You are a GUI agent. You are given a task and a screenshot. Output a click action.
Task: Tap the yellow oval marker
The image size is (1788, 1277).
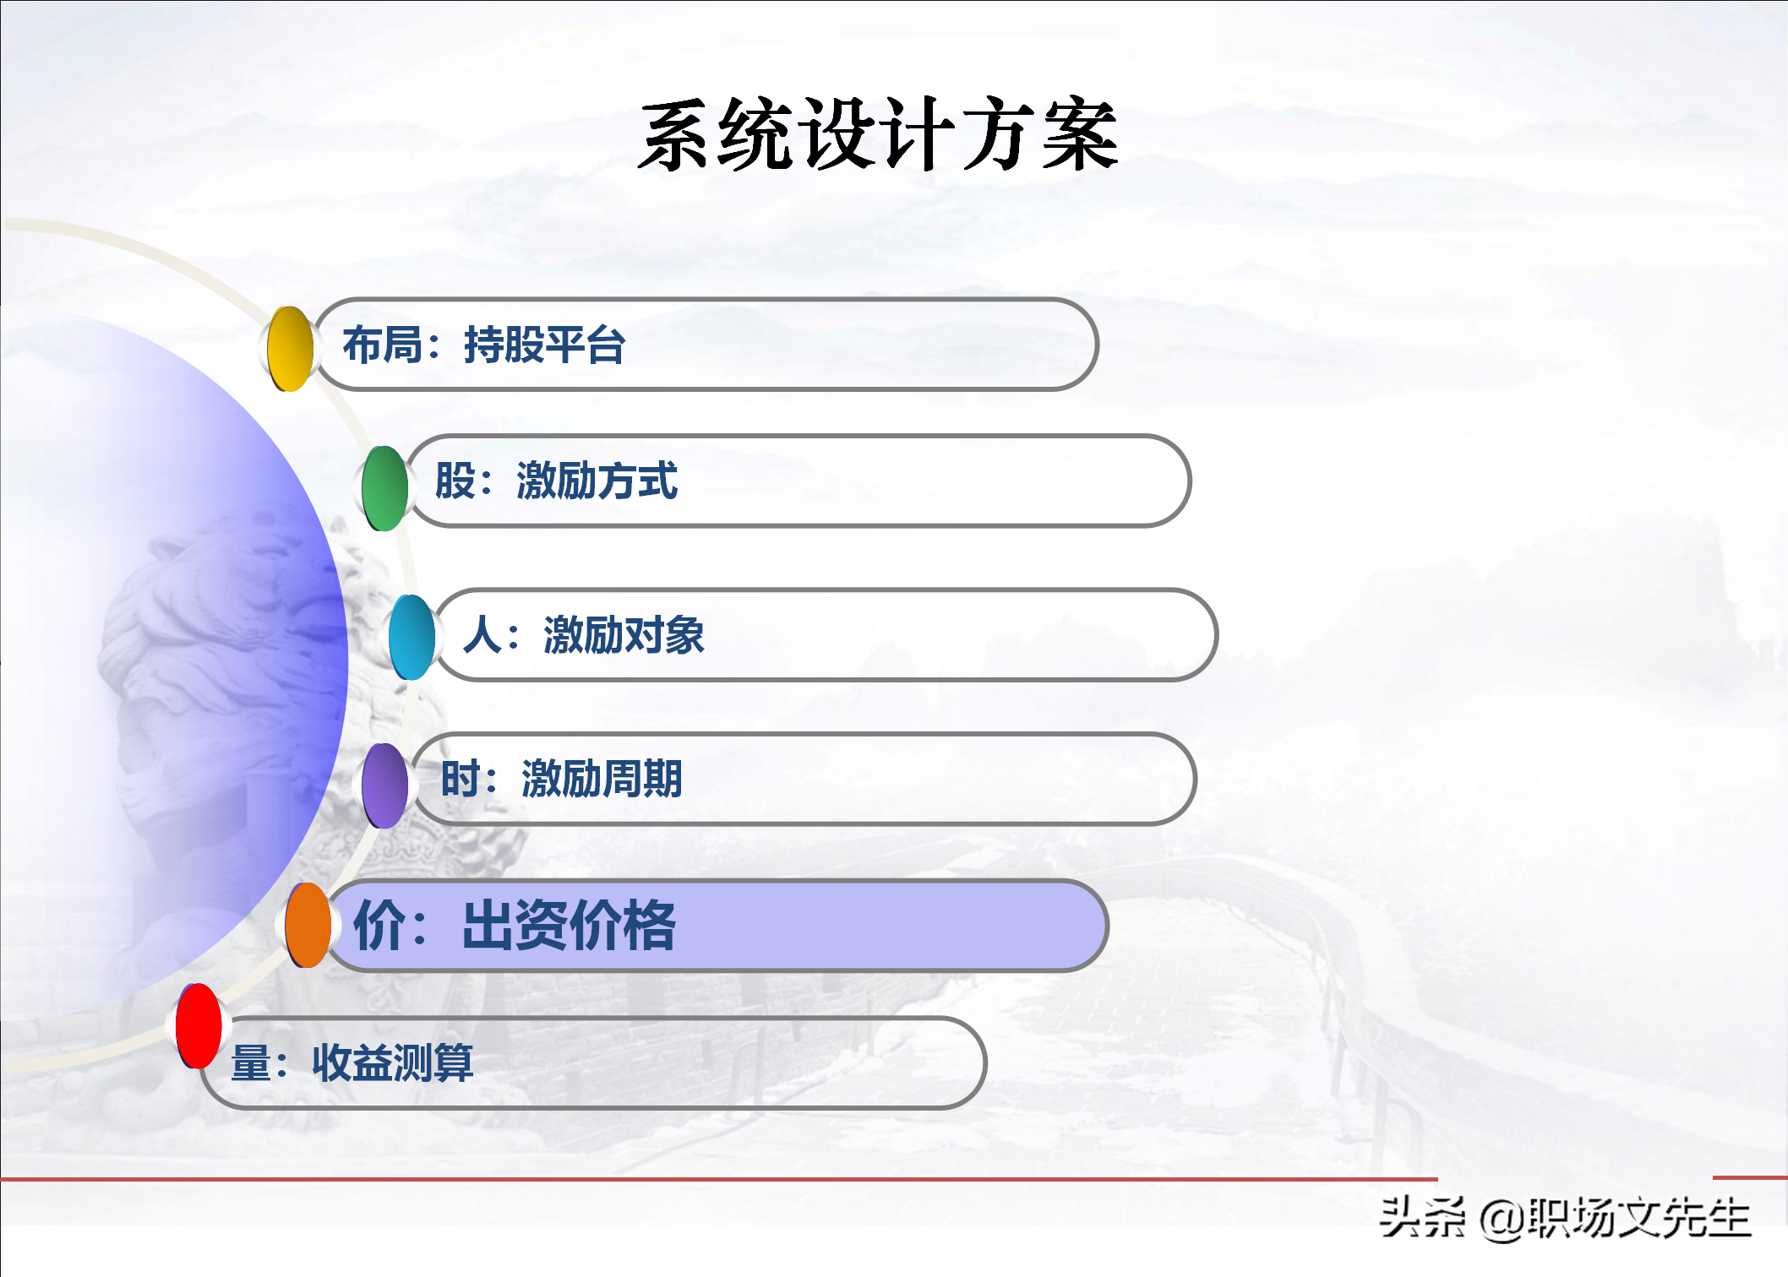point(290,349)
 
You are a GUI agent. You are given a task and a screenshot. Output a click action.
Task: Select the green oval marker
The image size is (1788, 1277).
point(384,488)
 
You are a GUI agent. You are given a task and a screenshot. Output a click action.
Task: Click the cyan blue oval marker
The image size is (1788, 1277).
point(412,638)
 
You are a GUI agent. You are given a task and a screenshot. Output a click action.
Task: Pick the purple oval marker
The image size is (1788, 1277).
point(384,785)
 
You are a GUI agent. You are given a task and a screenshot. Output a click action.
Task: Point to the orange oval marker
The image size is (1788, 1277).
point(308,925)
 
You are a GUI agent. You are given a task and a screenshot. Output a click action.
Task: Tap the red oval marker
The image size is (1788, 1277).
point(199,1026)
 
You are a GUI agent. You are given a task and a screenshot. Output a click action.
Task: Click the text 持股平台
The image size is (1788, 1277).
point(544,345)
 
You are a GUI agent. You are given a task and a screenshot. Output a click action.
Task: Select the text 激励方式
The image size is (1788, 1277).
point(597,481)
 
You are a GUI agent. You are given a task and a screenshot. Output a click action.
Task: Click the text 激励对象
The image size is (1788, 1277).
point(624,635)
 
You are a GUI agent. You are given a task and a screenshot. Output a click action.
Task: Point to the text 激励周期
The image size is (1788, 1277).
point(602,779)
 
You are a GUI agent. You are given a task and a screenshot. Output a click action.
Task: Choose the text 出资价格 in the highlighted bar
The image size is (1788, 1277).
point(569,926)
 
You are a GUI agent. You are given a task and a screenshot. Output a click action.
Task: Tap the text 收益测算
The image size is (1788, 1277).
point(393,1062)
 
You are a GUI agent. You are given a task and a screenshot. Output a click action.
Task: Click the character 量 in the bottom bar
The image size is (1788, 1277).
point(251,1062)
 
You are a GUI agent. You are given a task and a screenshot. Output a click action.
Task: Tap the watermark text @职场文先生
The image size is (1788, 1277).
point(1615,1219)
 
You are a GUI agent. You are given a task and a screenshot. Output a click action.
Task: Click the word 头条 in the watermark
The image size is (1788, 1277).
point(1422,1218)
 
